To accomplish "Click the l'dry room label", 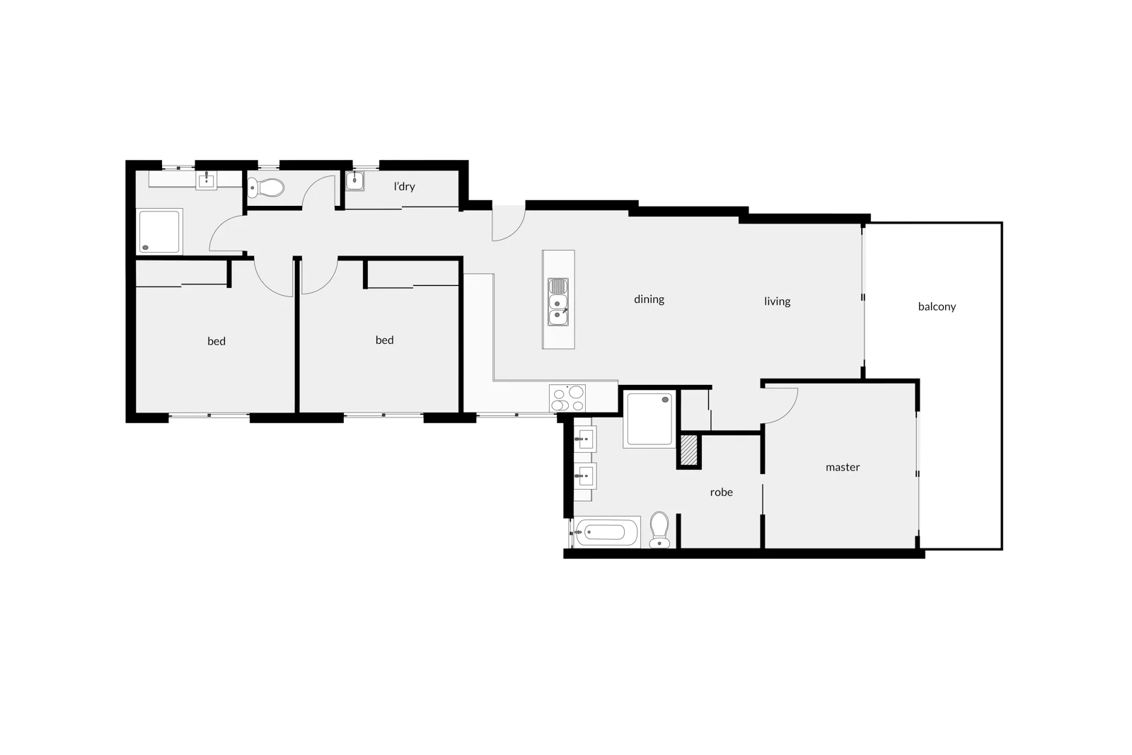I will pos(404,187).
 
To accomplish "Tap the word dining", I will pos(649,299).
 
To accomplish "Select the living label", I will pos(777,301).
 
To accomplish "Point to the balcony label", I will pos(937,306).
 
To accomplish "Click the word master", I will pos(843,467).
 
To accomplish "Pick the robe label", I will pos(721,492).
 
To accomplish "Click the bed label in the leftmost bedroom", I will pos(216,341).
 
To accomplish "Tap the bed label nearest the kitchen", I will pos(384,340).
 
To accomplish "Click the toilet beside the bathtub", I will pos(659,530).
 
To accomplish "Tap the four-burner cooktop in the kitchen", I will pos(567,398).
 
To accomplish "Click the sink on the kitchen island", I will pos(558,302).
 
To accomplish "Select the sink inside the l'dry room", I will pos(354,181).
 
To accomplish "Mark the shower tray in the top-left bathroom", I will pos(159,231).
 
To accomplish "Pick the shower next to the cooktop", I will pos(649,419).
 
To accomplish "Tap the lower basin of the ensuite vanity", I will pos(585,475).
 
